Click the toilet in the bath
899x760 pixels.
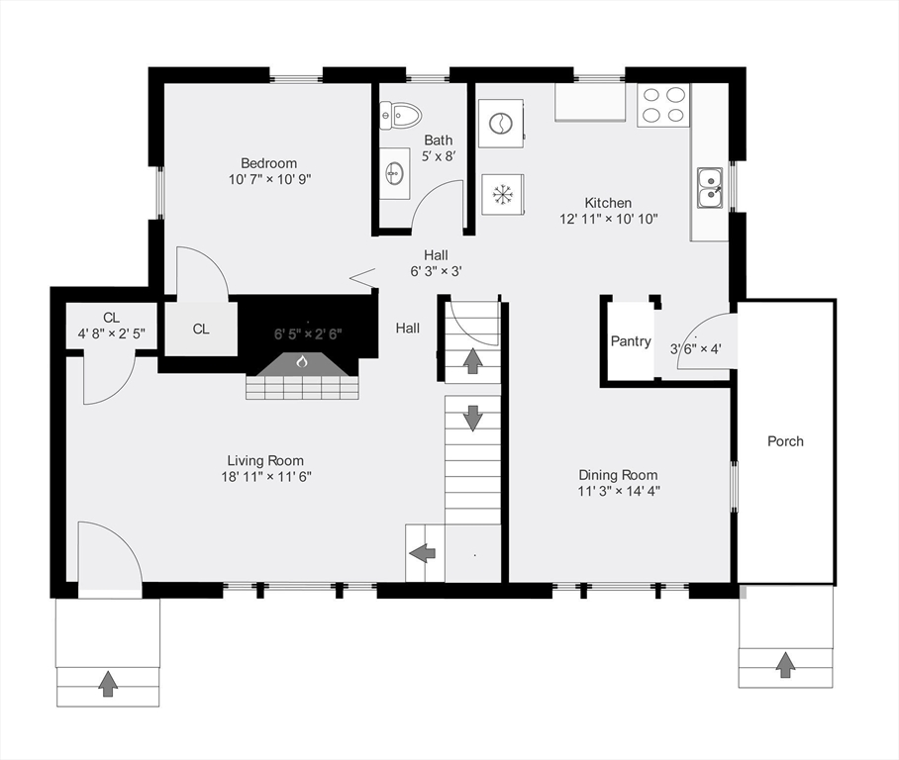click(400, 115)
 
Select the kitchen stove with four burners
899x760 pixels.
click(663, 106)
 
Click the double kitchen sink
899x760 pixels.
click(710, 188)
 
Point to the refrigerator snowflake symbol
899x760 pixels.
click(502, 194)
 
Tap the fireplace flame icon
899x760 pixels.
click(302, 361)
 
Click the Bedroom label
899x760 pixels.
click(269, 163)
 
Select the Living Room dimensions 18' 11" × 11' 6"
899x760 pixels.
click(266, 477)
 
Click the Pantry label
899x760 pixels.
click(631, 341)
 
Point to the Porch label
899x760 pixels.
click(785, 441)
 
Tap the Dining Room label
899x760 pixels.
click(618, 475)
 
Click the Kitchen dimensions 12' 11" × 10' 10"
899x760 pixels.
click(608, 219)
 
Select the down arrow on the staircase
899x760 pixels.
click(472, 418)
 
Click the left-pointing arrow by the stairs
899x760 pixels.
click(423, 553)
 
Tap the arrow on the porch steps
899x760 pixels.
click(785, 664)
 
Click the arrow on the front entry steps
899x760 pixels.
click(107, 684)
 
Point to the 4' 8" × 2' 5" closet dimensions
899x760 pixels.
click(111, 333)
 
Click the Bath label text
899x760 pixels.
click(439, 141)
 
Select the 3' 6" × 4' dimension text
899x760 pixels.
click(695, 348)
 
